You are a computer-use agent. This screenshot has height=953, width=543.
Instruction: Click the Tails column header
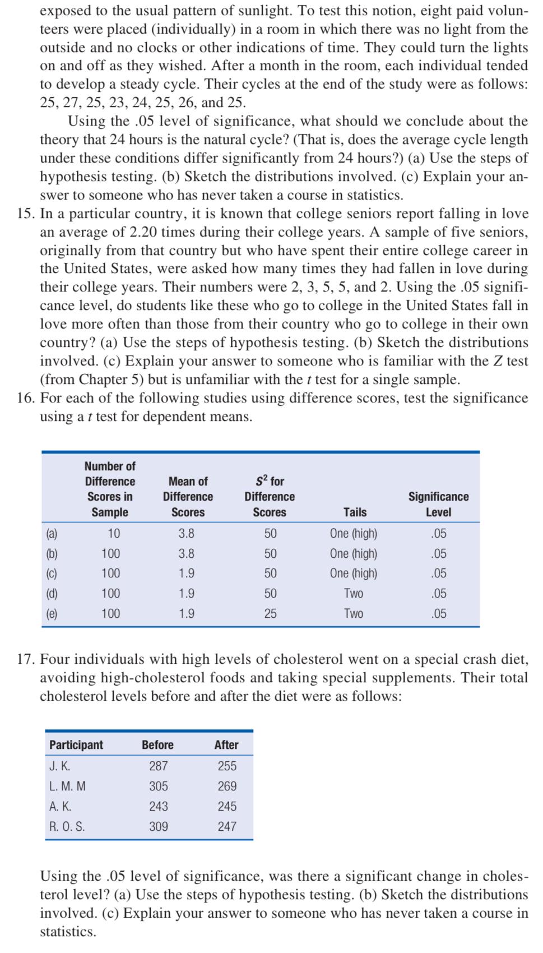[x=355, y=512]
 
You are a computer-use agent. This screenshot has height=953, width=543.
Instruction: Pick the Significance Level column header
[x=438, y=504]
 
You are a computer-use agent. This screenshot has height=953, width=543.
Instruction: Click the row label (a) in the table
[x=52, y=533]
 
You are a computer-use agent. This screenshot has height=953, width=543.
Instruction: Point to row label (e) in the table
[x=52, y=613]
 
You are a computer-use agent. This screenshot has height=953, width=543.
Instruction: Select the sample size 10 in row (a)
[x=114, y=533]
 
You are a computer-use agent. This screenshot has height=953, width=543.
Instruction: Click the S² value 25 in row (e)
[x=270, y=613]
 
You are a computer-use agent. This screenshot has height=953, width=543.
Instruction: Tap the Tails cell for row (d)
[x=354, y=593]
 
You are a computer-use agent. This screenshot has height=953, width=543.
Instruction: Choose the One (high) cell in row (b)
[x=354, y=553]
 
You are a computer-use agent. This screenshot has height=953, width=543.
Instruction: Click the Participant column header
[x=76, y=744]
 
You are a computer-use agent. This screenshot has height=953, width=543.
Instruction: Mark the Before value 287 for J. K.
[x=158, y=766]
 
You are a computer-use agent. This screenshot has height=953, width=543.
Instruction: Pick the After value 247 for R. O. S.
[x=227, y=826]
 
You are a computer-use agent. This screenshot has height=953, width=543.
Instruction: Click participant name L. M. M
[x=68, y=786]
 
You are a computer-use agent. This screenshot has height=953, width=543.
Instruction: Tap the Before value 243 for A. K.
[x=158, y=806]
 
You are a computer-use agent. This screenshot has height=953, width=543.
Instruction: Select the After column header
[x=226, y=744]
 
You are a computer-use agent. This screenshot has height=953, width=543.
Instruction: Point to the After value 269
[x=227, y=786]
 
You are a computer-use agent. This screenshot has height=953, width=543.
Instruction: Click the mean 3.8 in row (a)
[x=187, y=533]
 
